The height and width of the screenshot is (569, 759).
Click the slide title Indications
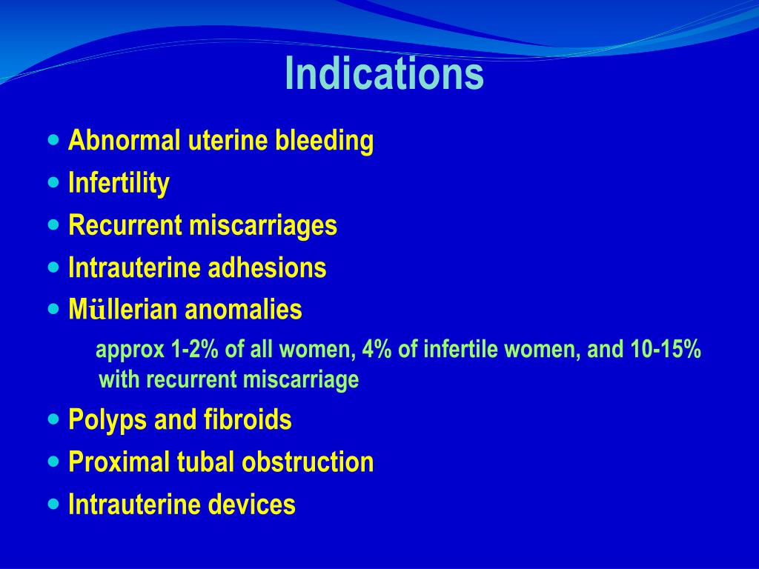point(385,73)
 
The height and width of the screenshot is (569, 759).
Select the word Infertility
point(119,184)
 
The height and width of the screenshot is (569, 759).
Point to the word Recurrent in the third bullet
point(125,225)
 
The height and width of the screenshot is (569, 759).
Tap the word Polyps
point(108,420)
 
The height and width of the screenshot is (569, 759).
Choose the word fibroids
point(248,419)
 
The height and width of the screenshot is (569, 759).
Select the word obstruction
point(308,462)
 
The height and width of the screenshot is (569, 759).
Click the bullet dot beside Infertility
point(53,182)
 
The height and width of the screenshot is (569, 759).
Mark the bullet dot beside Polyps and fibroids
point(53,419)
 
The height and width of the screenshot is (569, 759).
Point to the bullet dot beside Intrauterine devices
point(53,504)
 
